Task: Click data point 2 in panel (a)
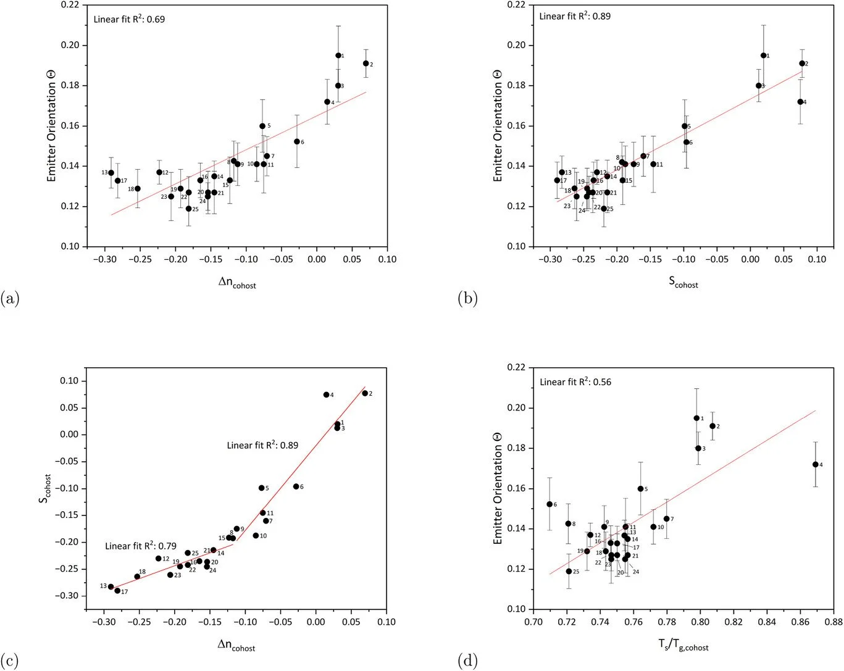[366, 64]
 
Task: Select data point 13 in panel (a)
[111, 173]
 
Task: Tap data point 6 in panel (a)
[297, 141]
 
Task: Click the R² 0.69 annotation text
[129, 19]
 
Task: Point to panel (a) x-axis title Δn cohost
[236, 285]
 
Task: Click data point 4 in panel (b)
[800, 102]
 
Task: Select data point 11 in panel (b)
[653, 164]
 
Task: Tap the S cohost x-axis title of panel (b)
[683, 284]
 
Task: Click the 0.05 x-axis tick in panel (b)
[783, 260]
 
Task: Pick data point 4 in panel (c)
[326, 394]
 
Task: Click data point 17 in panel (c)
[117, 591]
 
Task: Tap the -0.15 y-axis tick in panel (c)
[67, 515]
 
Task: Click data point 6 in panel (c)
[296, 486]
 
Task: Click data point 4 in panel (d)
[815, 464]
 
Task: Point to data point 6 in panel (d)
[549, 504]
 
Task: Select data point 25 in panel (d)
[569, 572]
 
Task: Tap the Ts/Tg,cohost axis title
[683, 646]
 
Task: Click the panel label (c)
[10, 661]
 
